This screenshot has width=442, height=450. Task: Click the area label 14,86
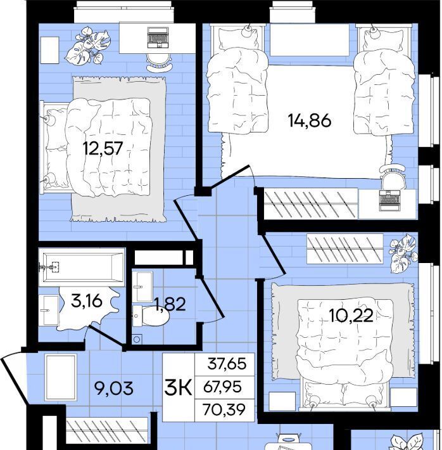[309, 120]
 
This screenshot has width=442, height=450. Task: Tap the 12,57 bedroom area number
[103, 148]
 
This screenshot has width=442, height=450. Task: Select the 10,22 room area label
[351, 316]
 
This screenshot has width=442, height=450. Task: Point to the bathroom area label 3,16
[86, 301]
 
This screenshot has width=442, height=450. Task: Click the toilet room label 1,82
[170, 304]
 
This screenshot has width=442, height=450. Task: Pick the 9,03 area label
[114, 389]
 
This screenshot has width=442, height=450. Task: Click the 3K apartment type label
[178, 387]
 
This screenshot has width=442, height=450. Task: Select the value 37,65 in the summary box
[227, 364]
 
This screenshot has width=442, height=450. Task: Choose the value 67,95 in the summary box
[222, 387]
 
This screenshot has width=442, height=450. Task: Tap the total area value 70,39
[224, 409]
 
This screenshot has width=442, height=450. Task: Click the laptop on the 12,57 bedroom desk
[158, 37]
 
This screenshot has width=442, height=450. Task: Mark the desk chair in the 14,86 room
[393, 177]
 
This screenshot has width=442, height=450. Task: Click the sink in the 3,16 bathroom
[49, 311]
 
